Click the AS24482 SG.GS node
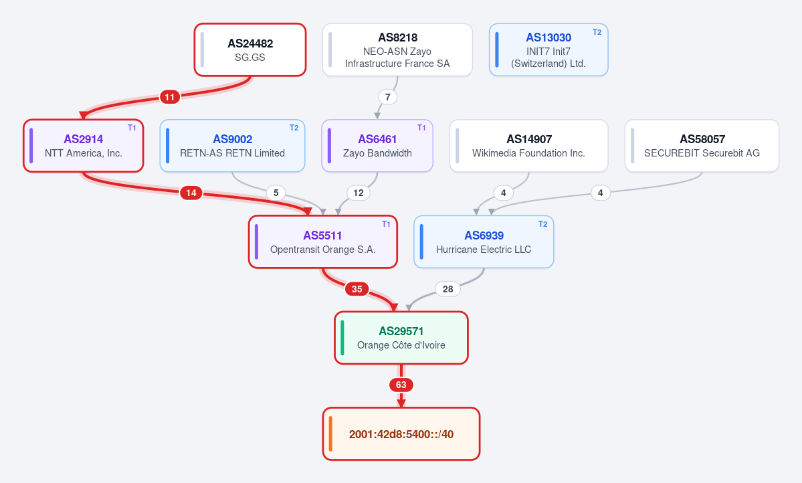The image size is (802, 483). (250, 50)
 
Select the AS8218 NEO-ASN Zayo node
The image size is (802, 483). (397, 50)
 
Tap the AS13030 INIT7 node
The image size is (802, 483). (548, 50)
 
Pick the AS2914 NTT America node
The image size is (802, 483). (84, 146)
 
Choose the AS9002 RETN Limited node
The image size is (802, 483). (232, 146)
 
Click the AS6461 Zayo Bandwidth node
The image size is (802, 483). (377, 146)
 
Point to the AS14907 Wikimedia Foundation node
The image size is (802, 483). (529, 146)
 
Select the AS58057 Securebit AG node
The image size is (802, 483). (702, 146)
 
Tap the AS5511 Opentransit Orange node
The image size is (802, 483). (323, 242)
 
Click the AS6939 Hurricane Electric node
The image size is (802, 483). (484, 242)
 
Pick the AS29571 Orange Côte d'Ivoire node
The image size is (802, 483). (401, 338)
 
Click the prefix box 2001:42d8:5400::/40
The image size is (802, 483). (401, 434)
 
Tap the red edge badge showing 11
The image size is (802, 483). (170, 97)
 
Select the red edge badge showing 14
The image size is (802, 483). (191, 193)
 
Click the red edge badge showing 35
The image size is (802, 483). (357, 289)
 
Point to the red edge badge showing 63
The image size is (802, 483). (401, 385)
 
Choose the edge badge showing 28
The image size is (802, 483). (448, 289)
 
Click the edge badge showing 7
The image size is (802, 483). (388, 97)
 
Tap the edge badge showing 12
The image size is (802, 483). (359, 193)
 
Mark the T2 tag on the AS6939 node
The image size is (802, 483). (542, 224)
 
